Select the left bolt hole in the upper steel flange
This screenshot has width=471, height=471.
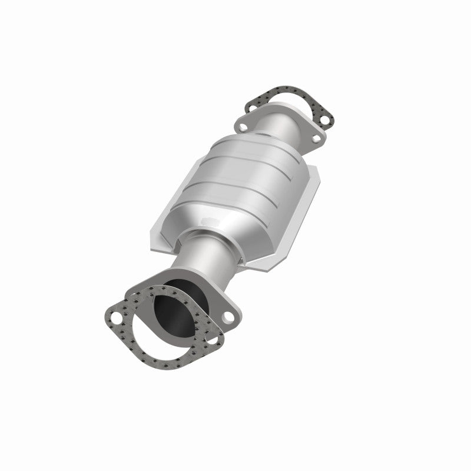(x=243, y=125)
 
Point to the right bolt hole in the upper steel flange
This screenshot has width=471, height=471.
(x=317, y=139)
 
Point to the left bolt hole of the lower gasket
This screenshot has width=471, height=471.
(x=115, y=320)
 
